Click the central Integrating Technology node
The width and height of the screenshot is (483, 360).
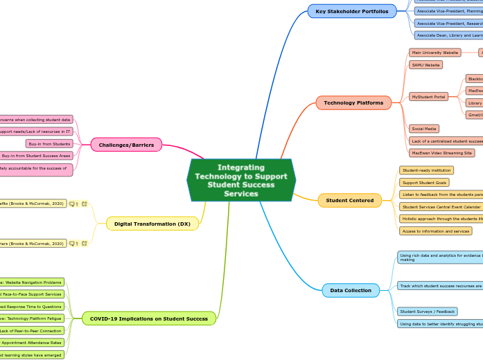[x=241, y=180]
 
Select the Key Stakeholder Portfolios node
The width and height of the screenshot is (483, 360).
[x=352, y=12]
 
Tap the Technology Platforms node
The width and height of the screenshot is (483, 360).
[x=353, y=103]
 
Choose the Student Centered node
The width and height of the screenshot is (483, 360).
[x=350, y=201]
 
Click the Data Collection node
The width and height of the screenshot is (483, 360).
[x=351, y=290]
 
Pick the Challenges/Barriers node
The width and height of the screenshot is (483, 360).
[x=126, y=145]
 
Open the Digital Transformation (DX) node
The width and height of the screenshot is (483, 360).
[x=152, y=224]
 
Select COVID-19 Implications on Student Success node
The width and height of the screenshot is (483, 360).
[x=149, y=318]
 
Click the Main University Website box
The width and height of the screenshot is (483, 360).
[x=435, y=53]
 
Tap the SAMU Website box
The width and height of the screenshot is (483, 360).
[x=426, y=65]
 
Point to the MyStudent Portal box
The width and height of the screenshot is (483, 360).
[x=429, y=97]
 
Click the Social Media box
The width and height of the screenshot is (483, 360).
[x=424, y=129]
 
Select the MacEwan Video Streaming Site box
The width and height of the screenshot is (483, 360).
[x=442, y=153]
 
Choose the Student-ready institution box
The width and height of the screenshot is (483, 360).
[x=427, y=170]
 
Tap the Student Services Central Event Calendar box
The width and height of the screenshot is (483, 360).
[x=441, y=207]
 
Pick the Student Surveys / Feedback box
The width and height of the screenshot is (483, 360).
[x=427, y=312]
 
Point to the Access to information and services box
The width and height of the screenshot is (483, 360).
[x=436, y=231]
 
